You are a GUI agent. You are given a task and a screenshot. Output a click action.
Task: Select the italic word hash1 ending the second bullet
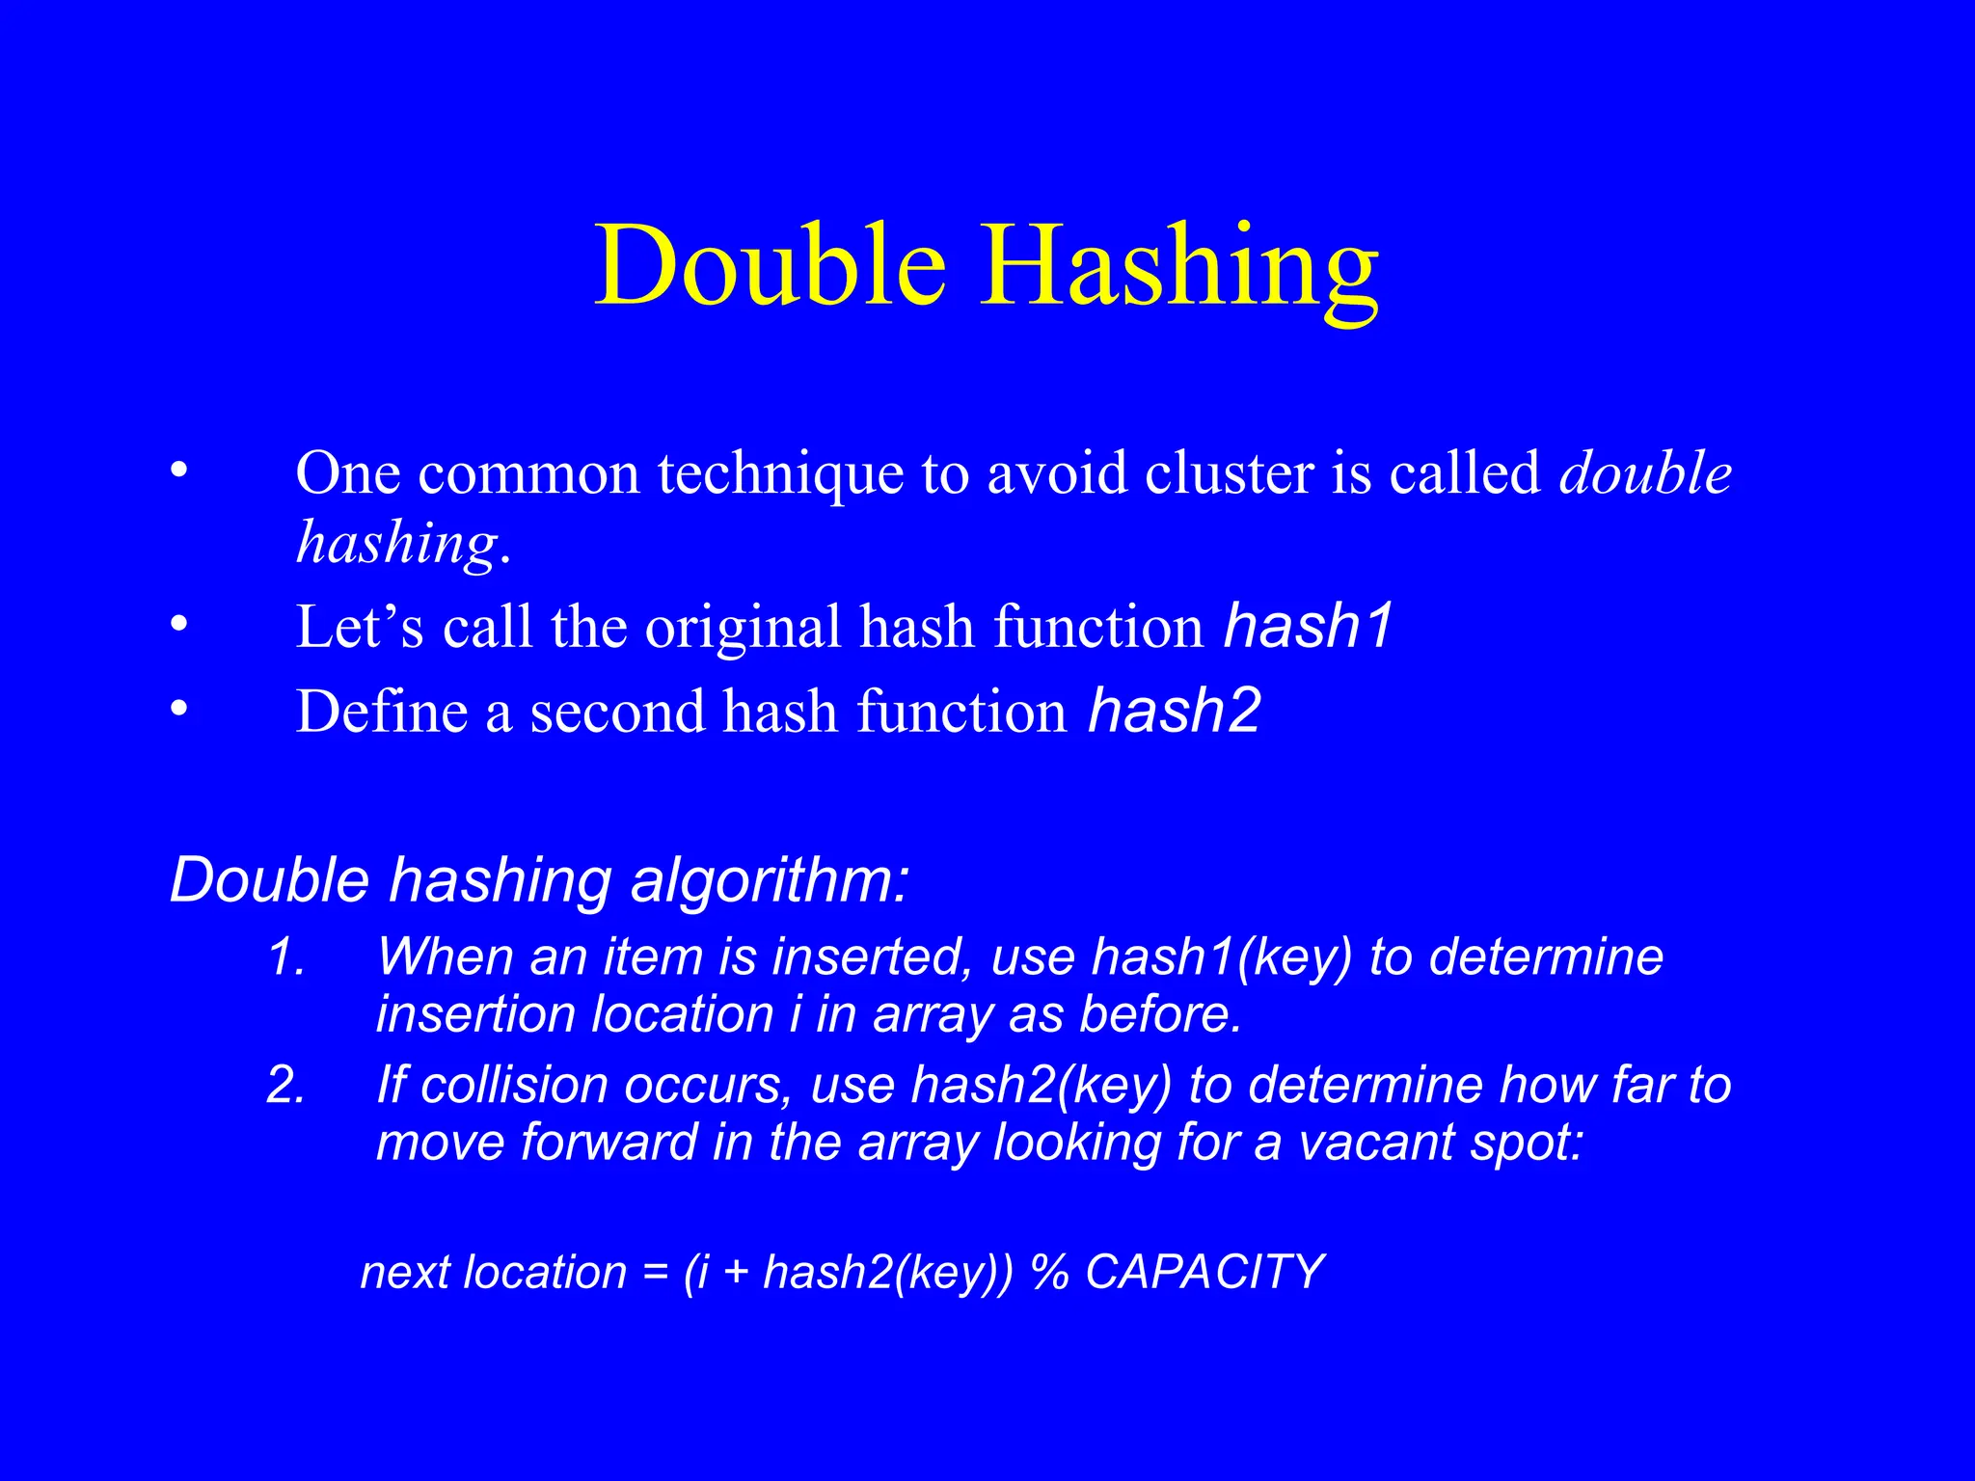click(x=1309, y=626)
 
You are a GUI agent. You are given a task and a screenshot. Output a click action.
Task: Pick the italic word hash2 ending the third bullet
click(x=1174, y=711)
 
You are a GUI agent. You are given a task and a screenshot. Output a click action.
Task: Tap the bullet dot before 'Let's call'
click(x=176, y=626)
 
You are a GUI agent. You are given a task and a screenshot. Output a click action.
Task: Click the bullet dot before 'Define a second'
click(x=176, y=711)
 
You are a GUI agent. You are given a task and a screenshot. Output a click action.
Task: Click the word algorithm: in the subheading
click(x=769, y=881)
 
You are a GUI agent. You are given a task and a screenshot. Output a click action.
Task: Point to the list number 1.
click(x=285, y=957)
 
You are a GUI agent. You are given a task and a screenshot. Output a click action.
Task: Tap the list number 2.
click(x=285, y=1086)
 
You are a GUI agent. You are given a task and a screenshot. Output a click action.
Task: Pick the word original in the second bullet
click(x=744, y=628)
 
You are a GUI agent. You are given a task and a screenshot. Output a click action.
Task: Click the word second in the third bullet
click(x=617, y=713)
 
